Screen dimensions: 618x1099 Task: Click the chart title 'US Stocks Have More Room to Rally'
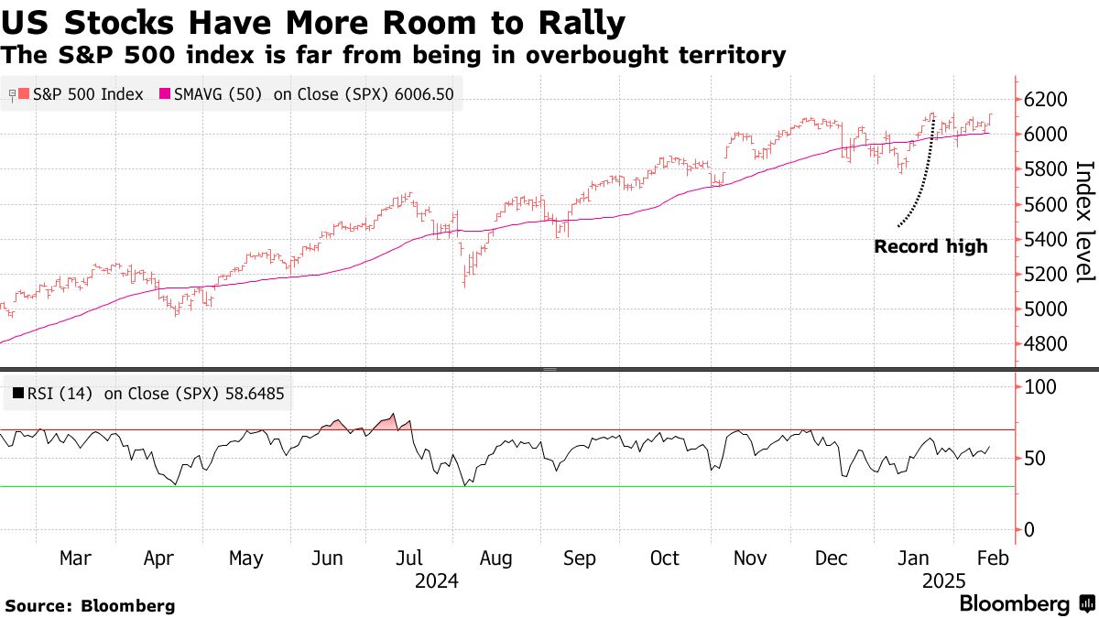coord(314,21)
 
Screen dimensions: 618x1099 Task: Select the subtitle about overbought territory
coord(394,55)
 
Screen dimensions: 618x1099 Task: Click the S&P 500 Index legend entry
coord(82,93)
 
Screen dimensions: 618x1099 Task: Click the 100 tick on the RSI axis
coord(1041,387)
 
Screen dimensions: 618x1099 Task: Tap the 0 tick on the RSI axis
coord(1030,530)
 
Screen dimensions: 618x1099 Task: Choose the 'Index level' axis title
coord(1084,222)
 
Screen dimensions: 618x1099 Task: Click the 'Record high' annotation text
coord(930,246)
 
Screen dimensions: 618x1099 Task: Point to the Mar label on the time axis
coord(77,558)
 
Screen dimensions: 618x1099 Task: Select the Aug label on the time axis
coord(496,558)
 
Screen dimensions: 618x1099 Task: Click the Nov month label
coord(751,558)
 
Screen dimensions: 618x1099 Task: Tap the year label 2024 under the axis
coord(436,581)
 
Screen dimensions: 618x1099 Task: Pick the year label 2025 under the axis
coord(943,581)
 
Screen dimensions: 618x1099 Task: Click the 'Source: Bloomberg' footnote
coord(90,605)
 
